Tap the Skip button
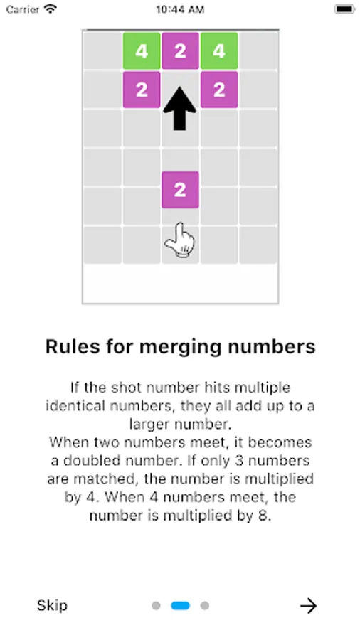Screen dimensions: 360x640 click(x=52, y=605)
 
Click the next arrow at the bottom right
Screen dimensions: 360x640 click(x=309, y=606)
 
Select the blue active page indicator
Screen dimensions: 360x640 click(x=181, y=606)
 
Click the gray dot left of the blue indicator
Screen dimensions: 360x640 click(x=156, y=606)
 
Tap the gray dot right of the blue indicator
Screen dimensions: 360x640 click(x=205, y=606)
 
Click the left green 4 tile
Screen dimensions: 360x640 click(x=142, y=51)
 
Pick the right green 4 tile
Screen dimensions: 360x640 click(x=219, y=51)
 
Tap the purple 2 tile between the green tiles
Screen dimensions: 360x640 click(x=181, y=51)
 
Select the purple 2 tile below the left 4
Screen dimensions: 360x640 click(x=142, y=90)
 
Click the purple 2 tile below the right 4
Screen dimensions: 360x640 click(x=219, y=90)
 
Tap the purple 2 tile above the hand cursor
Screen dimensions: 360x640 click(x=181, y=190)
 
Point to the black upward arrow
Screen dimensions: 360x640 click(x=179, y=109)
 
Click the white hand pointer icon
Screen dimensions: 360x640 click(x=180, y=241)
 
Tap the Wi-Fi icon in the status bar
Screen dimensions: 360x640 click(x=51, y=9)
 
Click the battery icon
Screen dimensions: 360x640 click(x=345, y=9)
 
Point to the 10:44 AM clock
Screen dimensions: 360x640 click(x=180, y=9)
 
